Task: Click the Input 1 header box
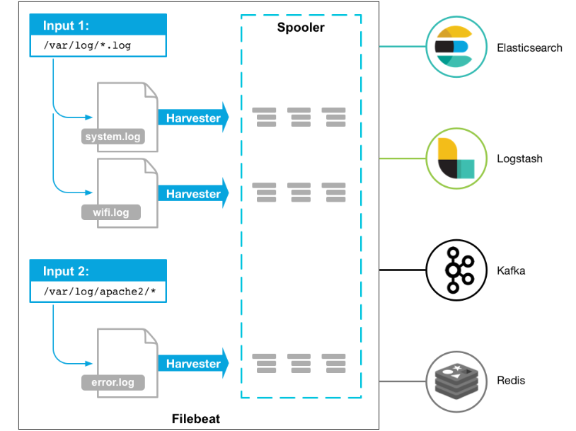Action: click(98, 26)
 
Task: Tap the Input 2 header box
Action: click(98, 272)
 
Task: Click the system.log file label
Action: click(113, 137)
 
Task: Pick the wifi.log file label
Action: click(111, 212)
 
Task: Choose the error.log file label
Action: click(113, 383)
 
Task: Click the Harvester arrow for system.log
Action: click(193, 118)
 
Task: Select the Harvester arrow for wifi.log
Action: click(193, 194)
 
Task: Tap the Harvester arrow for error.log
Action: click(193, 364)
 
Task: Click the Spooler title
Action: click(301, 28)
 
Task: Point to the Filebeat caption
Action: click(196, 418)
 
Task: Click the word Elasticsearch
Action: click(529, 48)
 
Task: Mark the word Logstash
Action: click(519, 159)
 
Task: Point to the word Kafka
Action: click(511, 270)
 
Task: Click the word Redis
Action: click(511, 381)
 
